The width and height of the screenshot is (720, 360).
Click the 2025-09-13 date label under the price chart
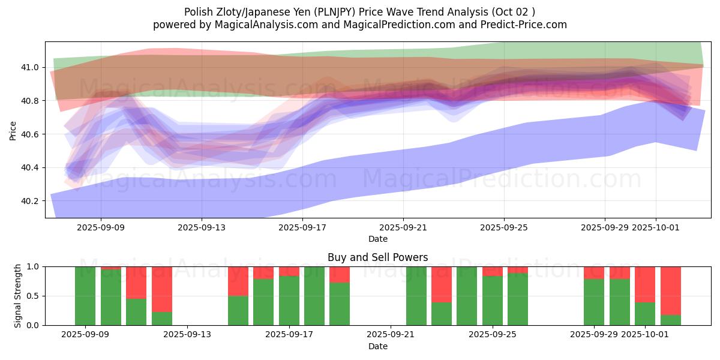tap(202, 227)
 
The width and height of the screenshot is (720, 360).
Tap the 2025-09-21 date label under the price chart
tap(403, 227)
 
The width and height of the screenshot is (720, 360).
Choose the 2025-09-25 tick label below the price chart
tap(504, 227)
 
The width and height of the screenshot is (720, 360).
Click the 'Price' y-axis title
tap(13, 130)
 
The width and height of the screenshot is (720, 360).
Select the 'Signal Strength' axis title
tap(18, 296)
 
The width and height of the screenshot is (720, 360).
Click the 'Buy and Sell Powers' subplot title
tap(378, 257)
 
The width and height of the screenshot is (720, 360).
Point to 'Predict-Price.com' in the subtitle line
tap(520, 25)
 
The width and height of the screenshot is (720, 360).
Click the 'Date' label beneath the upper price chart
tap(378, 239)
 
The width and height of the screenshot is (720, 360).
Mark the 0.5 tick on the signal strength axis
tap(33, 296)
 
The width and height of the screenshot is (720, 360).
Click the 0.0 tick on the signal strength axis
tap(33, 325)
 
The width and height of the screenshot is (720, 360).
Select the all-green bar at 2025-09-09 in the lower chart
tap(85, 296)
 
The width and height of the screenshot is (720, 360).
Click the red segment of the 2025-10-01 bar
tap(645, 284)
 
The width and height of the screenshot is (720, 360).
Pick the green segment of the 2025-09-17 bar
tap(289, 301)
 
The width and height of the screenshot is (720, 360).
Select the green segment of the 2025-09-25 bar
tap(493, 301)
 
